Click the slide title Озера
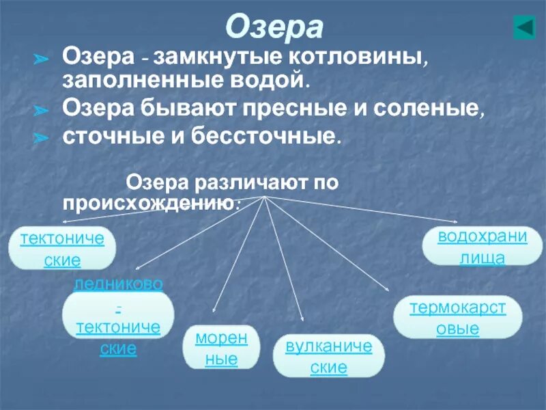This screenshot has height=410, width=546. (274, 27)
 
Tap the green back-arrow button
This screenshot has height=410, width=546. (524, 28)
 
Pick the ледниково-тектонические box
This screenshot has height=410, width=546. (118, 316)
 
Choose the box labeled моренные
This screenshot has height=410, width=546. (220, 348)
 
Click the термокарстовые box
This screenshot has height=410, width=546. (457, 317)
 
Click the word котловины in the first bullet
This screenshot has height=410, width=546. (367, 57)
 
